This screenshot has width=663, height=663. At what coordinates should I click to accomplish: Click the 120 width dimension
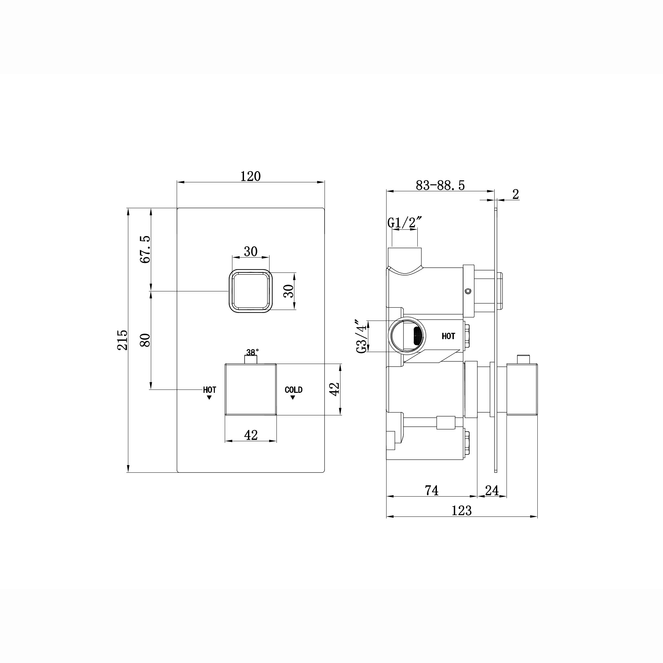coord(251,176)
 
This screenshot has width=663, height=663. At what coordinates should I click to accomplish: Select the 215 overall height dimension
coord(123,340)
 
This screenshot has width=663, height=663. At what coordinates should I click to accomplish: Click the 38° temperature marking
coord(253,352)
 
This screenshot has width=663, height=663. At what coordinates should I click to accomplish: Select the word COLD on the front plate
coord(293,390)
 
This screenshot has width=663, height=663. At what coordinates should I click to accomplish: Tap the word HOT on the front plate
coord(209,390)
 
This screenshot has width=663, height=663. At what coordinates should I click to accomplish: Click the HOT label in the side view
coord(448,336)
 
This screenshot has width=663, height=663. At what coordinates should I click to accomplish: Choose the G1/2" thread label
coord(404,223)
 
